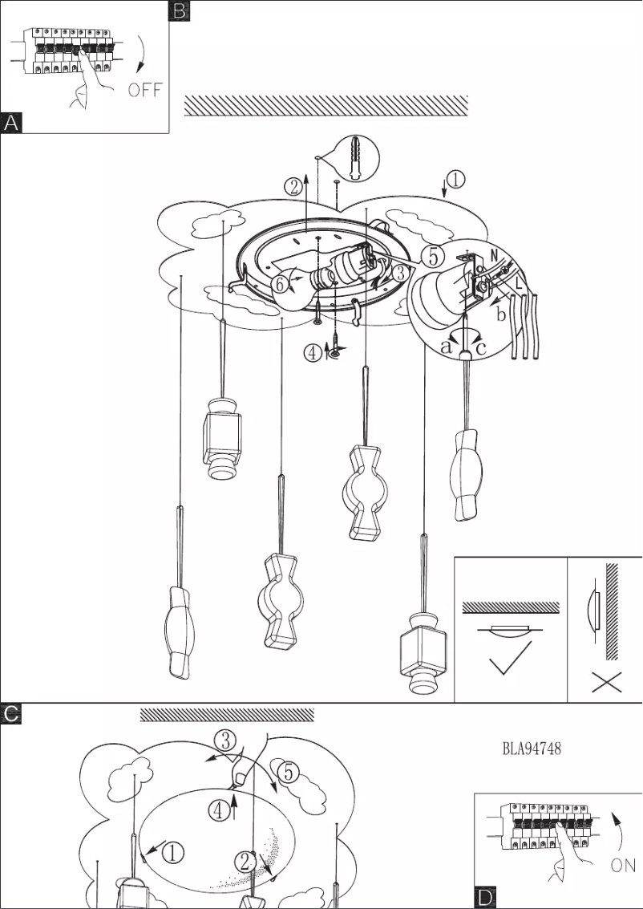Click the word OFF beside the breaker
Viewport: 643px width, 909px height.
(x=145, y=89)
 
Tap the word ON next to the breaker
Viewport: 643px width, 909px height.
(x=623, y=866)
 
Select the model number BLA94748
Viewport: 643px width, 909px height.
(x=532, y=749)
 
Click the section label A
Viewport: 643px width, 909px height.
(x=11, y=123)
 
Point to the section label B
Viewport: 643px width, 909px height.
(x=180, y=10)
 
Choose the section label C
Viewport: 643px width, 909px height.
(x=11, y=713)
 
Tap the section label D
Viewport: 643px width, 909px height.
(x=485, y=897)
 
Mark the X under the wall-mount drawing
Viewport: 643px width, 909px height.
(x=605, y=683)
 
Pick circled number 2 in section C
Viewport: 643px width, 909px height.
(x=245, y=862)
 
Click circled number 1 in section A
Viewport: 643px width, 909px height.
(x=455, y=180)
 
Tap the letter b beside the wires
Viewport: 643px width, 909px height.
(x=502, y=315)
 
